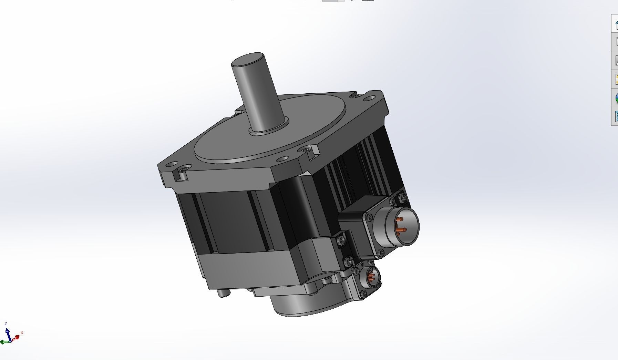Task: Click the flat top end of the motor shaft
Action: click(248, 60)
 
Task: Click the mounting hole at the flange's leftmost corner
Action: click(173, 164)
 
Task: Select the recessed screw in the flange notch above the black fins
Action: click(306, 150)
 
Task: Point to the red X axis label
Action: click(22, 332)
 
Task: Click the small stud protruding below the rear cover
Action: click(223, 294)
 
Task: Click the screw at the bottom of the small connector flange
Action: click(363, 294)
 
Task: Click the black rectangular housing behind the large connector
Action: click(355, 210)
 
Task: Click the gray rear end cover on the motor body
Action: click(248, 269)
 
